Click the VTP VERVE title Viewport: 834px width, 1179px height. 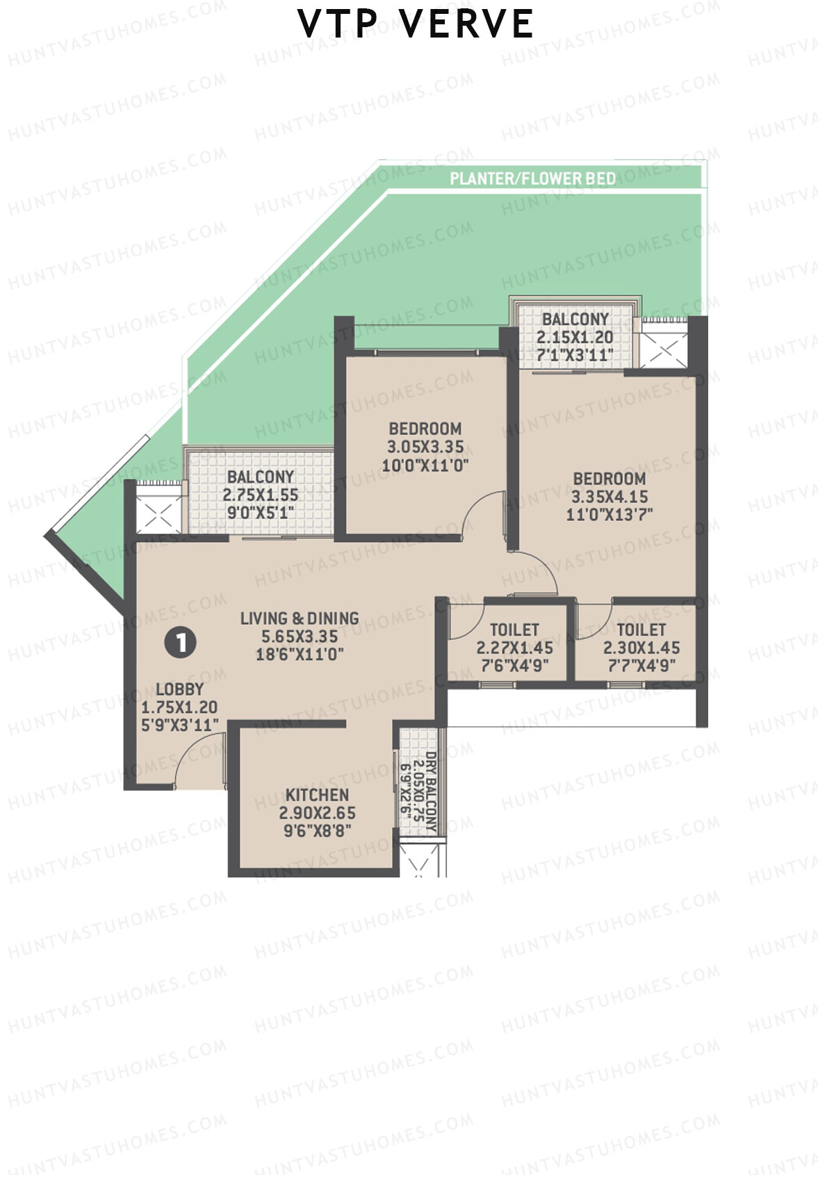pos(416,24)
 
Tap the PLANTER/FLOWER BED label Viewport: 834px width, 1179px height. pos(533,179)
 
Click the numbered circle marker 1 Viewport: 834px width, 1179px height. pos(181,643)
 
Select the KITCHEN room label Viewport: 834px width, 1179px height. pos(317,795)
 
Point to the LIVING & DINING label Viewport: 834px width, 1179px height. pos(300,618)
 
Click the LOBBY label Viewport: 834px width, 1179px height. pos(179,689)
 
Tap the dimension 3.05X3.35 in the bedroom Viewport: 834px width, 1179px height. pos(425,447)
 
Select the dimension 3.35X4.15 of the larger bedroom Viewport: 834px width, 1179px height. pos(610,497)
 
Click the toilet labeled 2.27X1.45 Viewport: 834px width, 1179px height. pos(514,648)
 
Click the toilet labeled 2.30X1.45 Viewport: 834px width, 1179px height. pos(641,648)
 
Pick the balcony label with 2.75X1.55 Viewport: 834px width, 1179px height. pos(261,495)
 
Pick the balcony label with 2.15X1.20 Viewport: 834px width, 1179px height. pos(575,337)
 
